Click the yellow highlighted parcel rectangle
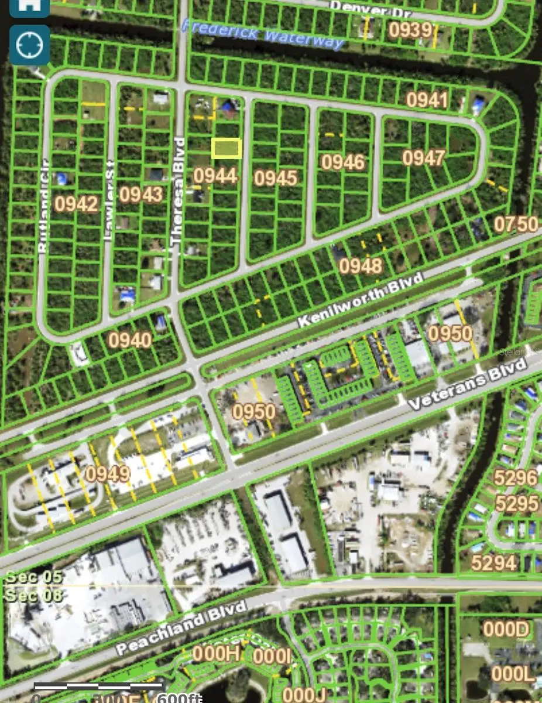point(226,148)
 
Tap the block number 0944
point(215,175)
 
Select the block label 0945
point(276,178)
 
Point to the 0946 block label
point(343,162)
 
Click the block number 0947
point(424,158)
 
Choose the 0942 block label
point(76,203)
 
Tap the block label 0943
point(140,194)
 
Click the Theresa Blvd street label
point(178,191)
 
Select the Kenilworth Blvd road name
point(359,301)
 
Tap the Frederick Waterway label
point(262,34)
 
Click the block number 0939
point(411,30)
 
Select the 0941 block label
point(427,100)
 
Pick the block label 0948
point(361,266)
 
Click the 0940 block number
point(130,340)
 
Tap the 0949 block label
point(108,473)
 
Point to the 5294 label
point(494,563)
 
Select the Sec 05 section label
point(33,576)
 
